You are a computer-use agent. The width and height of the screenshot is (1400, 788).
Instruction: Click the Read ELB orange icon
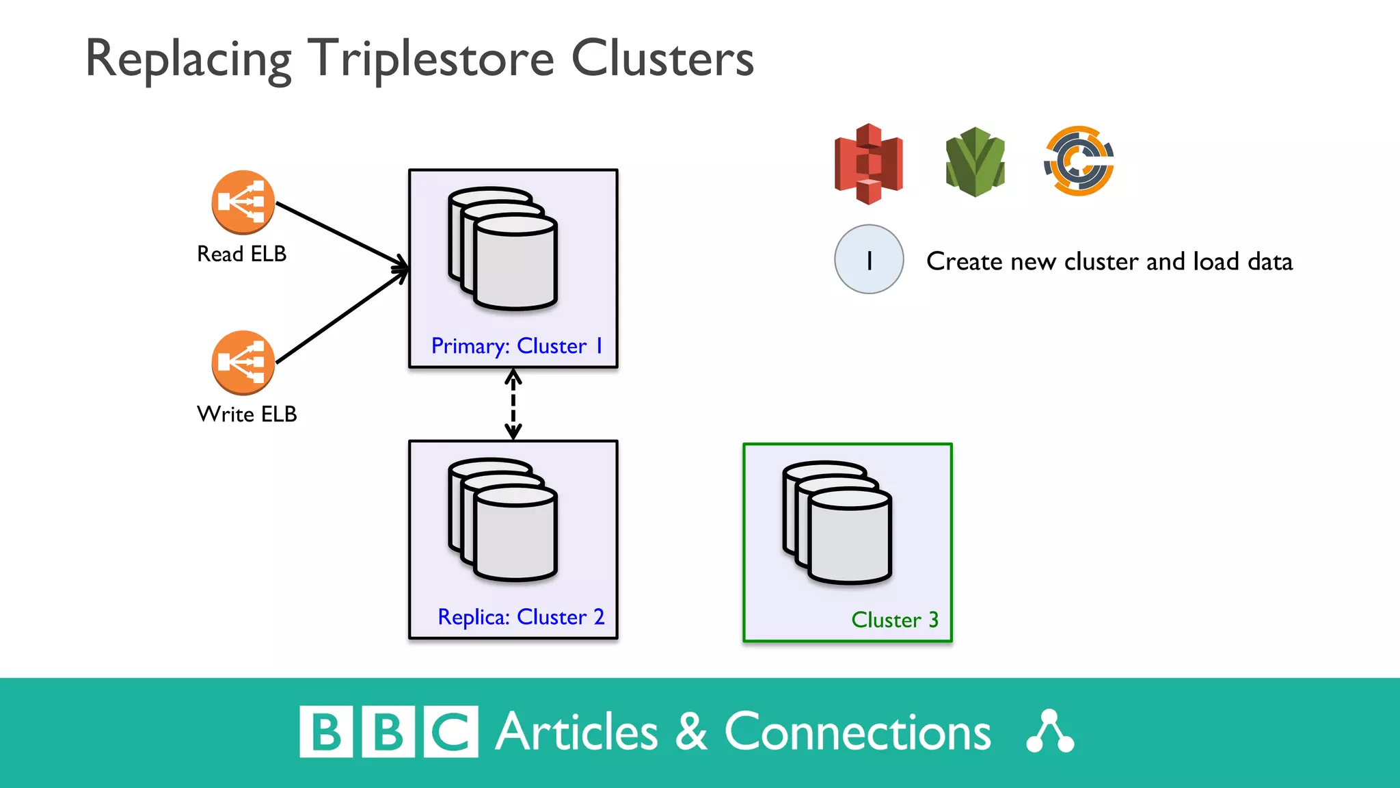243,202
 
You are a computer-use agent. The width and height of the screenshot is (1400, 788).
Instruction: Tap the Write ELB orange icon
243,363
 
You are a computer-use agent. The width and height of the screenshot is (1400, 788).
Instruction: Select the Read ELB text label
241,254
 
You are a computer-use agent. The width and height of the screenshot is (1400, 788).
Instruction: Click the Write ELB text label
247,414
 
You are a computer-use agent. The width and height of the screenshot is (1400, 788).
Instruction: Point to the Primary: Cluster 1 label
517,346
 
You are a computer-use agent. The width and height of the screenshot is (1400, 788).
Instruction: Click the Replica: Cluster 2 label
521,617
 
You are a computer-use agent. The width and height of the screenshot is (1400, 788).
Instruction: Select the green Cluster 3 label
894,620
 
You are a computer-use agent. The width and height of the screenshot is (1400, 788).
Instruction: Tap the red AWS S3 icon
868,163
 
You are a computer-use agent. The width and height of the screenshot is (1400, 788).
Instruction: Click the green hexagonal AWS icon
975,162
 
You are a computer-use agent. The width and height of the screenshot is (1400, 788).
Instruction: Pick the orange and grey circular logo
1079,161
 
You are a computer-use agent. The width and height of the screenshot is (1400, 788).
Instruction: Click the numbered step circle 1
869,260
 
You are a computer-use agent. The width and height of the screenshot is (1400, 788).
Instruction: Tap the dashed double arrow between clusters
513,404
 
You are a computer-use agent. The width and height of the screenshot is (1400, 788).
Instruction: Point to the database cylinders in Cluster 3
837,523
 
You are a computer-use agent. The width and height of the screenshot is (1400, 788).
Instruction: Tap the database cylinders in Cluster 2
503,520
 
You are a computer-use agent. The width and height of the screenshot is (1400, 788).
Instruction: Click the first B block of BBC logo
326,732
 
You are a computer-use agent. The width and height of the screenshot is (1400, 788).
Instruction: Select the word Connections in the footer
857,732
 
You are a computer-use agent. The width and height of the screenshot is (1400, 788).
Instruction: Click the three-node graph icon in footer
1050,732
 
